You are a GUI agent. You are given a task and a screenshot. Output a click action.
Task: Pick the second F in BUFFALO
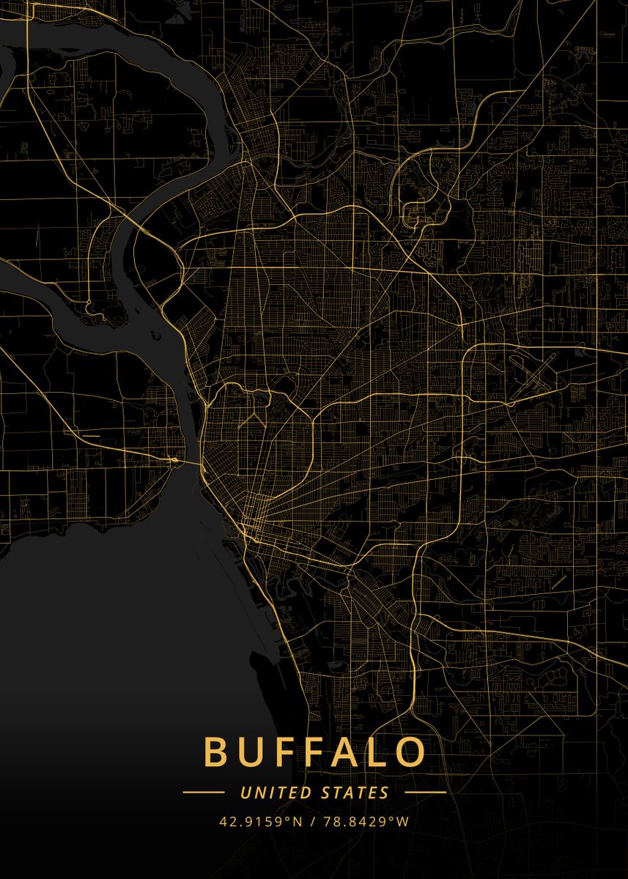(x=312, y=752)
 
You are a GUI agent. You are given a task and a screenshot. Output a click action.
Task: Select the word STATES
(x=355, y=792)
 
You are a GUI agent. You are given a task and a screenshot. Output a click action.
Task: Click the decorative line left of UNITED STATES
(x=204, y=792)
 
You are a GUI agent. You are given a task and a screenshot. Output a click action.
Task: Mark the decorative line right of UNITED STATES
(x=425, y=792)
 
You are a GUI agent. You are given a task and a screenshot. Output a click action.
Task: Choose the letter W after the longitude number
(x=403, y=821)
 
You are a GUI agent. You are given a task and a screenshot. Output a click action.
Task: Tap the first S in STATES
(x=325, y=792)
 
